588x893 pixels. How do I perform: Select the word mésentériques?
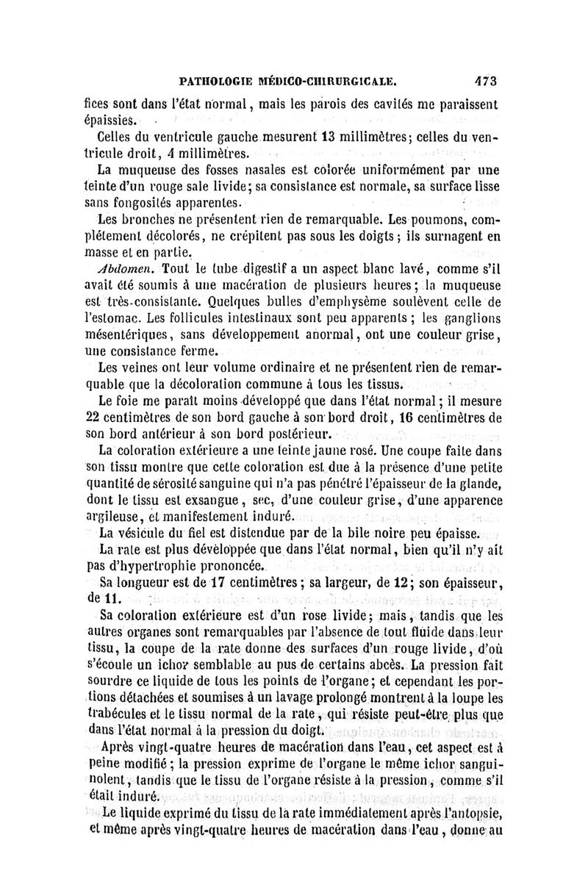[126, 335]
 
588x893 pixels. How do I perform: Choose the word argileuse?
[113, 517]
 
